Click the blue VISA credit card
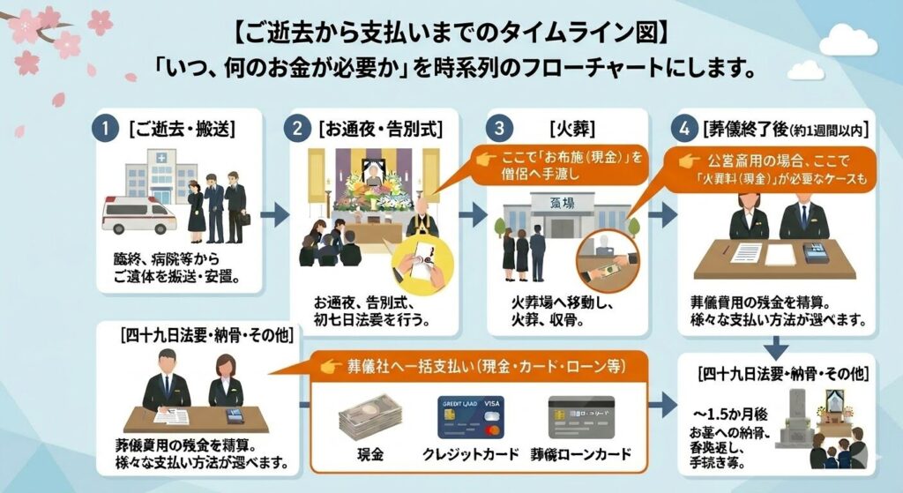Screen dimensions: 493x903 (470, 417)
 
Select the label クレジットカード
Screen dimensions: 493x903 (471, 455)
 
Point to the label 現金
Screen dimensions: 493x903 (369, 455)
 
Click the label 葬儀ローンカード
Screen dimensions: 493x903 (581, 455)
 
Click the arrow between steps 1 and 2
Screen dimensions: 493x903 (275, 213)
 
